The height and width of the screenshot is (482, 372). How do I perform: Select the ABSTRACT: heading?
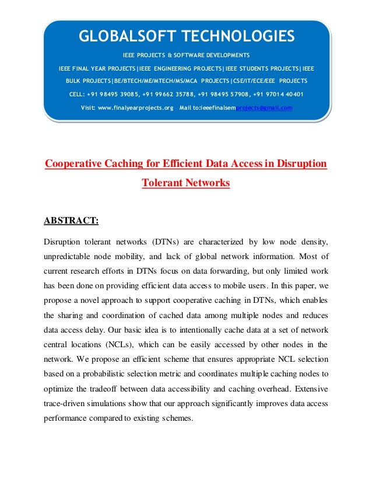point(71,221)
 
